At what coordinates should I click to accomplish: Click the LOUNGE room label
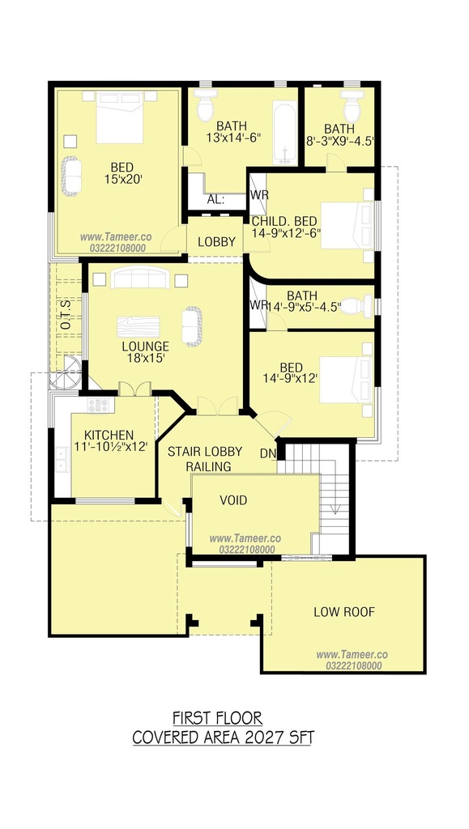coord(146,346)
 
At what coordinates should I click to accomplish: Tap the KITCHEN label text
coord(109,435)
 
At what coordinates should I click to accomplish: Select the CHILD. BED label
coord(284,222)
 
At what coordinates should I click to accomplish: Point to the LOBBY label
coord(216,242)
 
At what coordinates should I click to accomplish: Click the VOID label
coord(233,500)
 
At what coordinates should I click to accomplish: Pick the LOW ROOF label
coord(344,612)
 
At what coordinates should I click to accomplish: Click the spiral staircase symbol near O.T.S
coord(66,373)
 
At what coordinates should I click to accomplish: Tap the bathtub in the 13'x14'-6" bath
coord(284,134)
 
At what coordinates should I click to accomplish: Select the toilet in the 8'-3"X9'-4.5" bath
coord(352,106)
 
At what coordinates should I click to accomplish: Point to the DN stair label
coord(266,453)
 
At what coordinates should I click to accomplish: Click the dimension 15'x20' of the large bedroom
coord(123,179)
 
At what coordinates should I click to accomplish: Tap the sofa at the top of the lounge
coord(140,278)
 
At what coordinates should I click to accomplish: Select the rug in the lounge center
coord(138,327)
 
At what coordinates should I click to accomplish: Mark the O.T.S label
coord(66,318)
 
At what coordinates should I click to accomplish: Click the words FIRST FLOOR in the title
coord(217,719)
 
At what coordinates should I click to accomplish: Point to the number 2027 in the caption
coord(263,738)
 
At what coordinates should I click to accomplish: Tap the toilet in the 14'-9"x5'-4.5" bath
coord(356,306)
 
